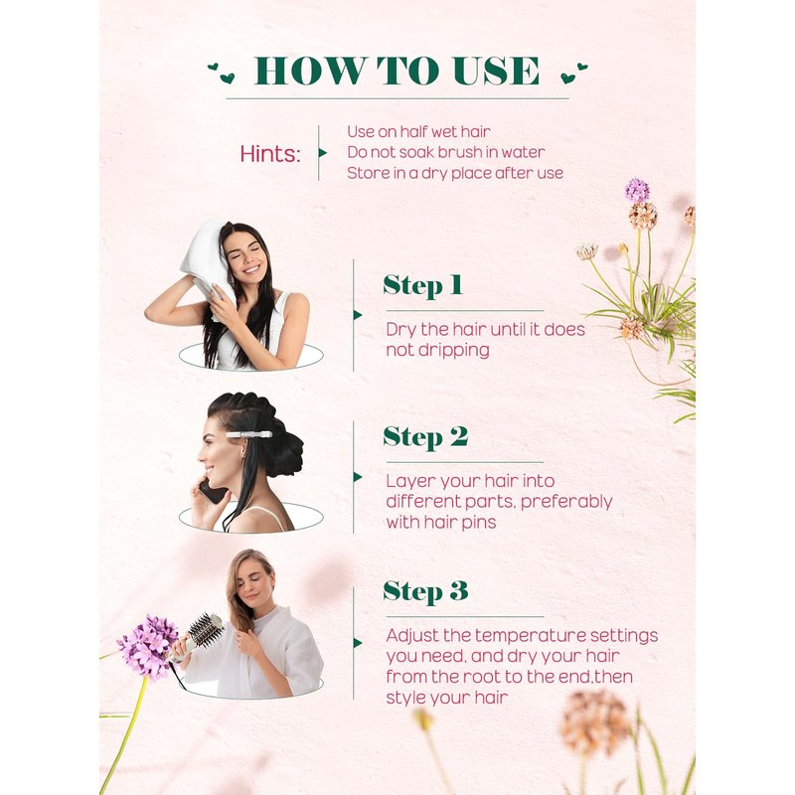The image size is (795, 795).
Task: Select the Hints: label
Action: [270, 153]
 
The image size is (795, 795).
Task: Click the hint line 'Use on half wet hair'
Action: [418, 132]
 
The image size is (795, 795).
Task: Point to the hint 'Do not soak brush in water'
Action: [446, 152]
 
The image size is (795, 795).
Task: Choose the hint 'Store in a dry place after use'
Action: [455, 173]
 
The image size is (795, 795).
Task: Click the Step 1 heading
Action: [423, 285]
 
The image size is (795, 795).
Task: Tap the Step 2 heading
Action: [425, 437]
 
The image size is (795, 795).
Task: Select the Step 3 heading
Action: [425, 591]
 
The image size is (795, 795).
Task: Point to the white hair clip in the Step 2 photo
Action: [249, 434]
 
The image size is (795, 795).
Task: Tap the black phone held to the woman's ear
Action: [213, 491]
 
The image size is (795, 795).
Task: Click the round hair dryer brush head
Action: [207, 630]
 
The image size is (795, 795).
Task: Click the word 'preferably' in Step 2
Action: [566, 502]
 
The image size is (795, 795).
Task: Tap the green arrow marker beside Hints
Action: [322, 153]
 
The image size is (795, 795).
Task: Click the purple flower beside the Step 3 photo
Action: [148, 647]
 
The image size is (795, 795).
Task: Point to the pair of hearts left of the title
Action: [222, 73]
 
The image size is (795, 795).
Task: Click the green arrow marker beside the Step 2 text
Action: [358, 477]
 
